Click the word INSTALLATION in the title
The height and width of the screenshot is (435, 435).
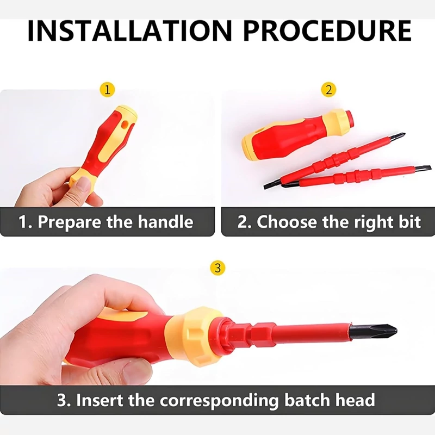click(129, 30)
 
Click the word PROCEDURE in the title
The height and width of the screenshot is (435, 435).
click(327, 30)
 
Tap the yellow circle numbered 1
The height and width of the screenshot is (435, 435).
click(107, 90)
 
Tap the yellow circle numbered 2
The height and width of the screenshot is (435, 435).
click(328, 90)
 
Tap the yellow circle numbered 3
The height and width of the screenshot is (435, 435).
click(218, 268)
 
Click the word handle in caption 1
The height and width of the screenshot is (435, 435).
click(165, 222)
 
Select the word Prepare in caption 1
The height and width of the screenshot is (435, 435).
click(70, 222)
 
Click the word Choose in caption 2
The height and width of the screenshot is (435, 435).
click(287, 222)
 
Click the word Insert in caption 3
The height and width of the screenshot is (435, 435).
click(100, 400)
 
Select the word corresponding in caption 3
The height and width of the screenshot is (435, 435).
click(219, 401)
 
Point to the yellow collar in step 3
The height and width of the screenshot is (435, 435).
click(194, 336)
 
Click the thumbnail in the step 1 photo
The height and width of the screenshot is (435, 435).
click(83, 185)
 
